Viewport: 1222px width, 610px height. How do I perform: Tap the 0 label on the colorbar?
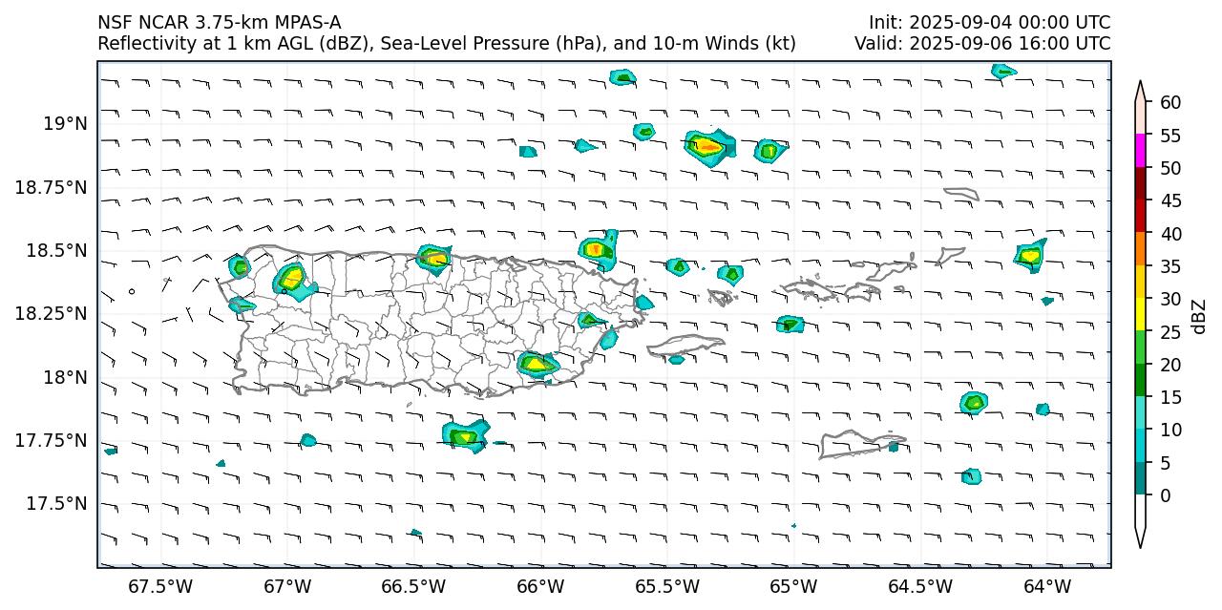point(1165,495)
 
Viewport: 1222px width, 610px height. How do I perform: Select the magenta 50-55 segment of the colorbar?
point(1140,151)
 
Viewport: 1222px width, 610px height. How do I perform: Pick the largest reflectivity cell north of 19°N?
point(709,146)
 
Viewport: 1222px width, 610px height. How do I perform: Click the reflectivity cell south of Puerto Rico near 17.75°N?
point(466,435)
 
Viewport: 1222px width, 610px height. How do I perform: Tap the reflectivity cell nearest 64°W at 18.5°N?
point(1030,254)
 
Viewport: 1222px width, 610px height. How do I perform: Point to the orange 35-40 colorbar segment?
point(1140,249)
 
